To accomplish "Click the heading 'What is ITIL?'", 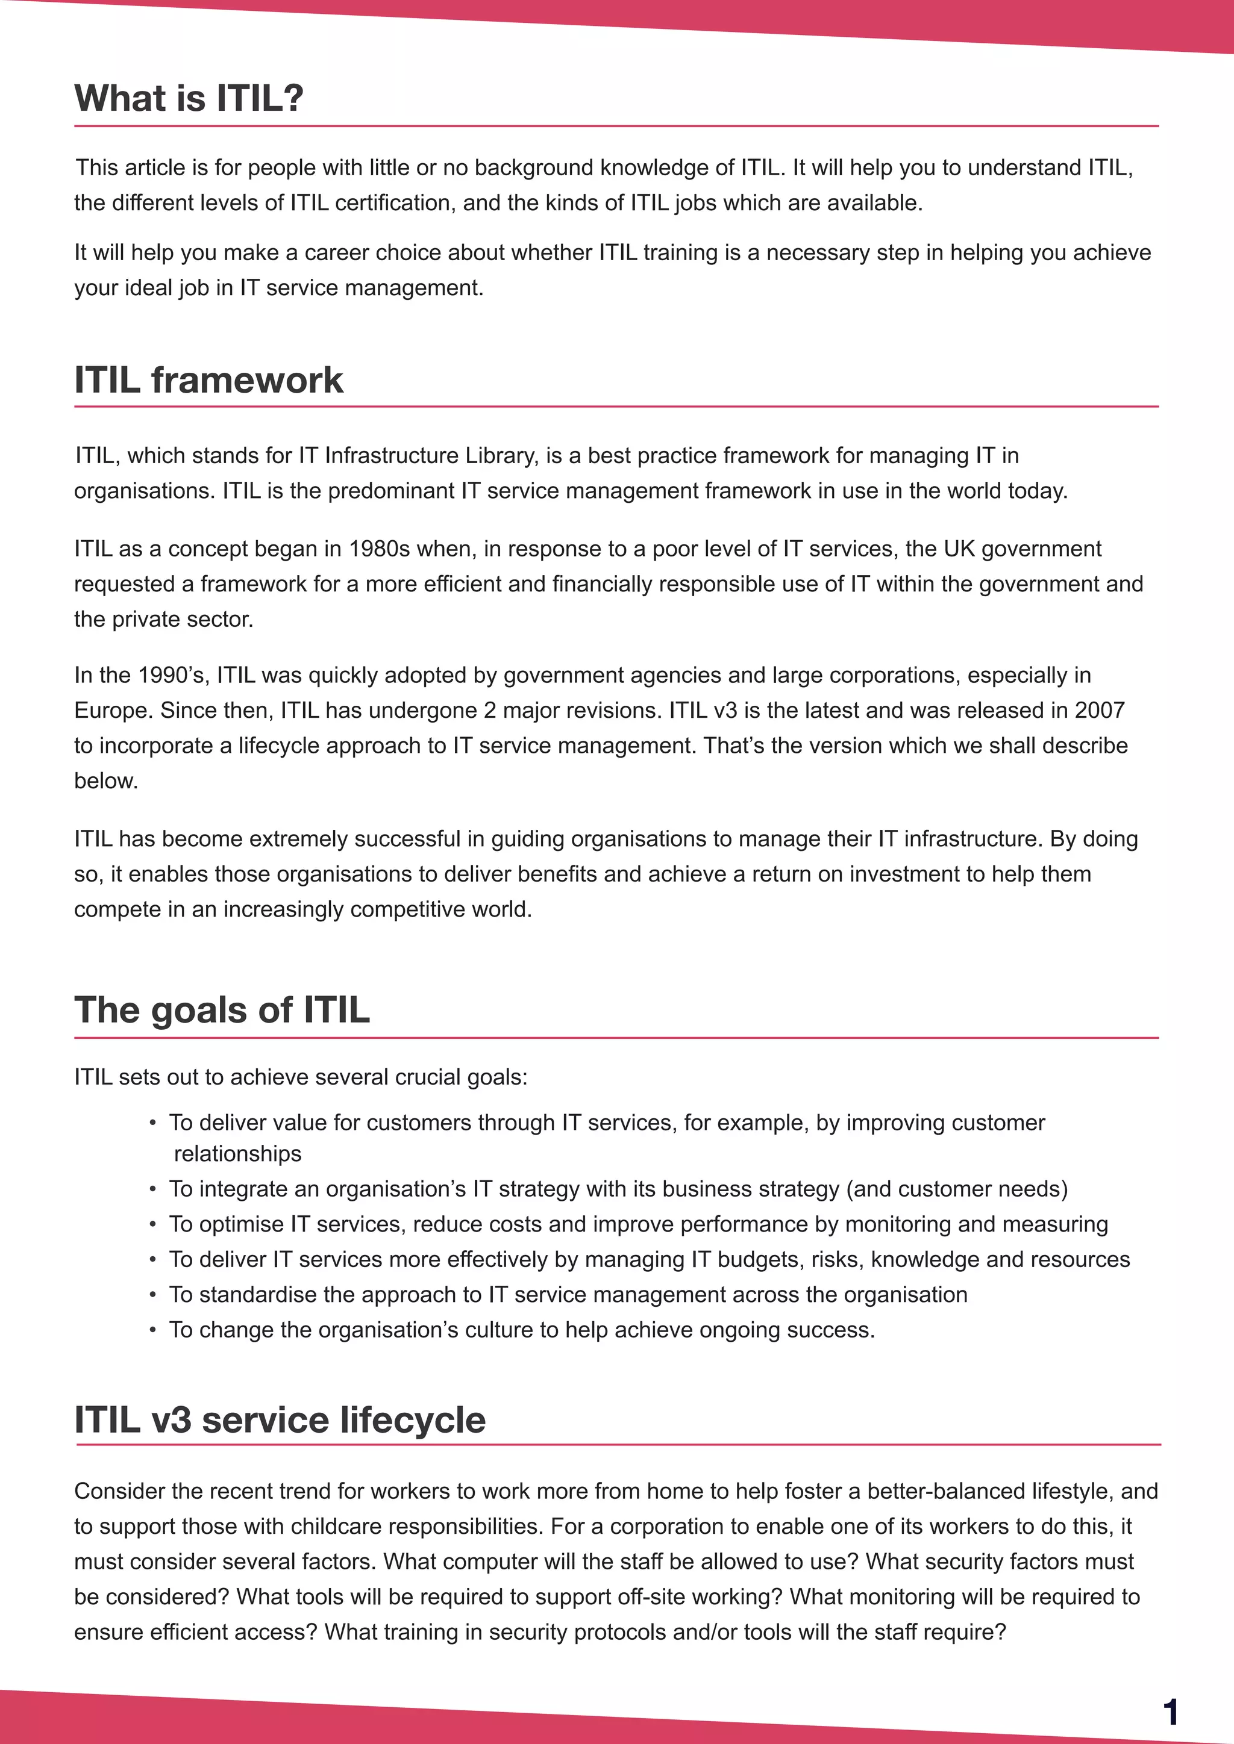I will point(189,98).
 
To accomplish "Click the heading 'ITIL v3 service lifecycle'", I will point(280,1419).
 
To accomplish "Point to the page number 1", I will point(1170,1711).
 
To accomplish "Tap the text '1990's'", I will point(174,674).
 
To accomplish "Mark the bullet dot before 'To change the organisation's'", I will point(152,1330).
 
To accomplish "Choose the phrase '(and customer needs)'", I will point(957,1188).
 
